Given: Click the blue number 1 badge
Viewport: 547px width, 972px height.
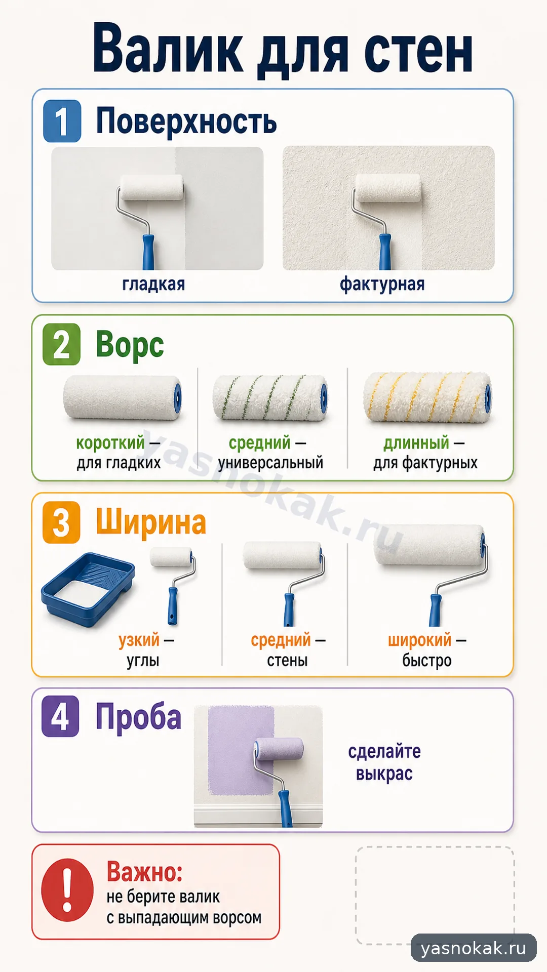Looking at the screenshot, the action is (x=62, y=121).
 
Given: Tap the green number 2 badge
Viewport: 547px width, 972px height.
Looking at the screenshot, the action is (x=62, y=344).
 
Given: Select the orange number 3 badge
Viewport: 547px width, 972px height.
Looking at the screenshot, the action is (x=61, y=522).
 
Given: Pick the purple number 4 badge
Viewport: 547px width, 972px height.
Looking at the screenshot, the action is (x=60, y=716).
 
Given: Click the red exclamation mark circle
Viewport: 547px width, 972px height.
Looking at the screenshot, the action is (x=67, y=890).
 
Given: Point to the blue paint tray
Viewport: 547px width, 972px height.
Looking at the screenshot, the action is (x=88, y=590).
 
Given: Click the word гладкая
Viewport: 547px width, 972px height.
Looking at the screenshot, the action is (x=153, y=284).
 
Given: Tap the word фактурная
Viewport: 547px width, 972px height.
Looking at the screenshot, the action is (x=382, y=284).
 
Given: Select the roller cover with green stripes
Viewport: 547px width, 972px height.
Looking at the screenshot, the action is (x=270, y=398).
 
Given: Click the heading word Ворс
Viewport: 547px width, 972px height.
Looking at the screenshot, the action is (x=130, y=345).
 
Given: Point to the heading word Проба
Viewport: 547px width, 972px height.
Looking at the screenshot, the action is (x=139, y=718).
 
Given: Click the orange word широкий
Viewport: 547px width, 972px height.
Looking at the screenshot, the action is (x=419, y=640).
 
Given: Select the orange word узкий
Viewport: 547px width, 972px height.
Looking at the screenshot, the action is (x=139, y=640).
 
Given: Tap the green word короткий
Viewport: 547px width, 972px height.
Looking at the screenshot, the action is (x=110, y=443).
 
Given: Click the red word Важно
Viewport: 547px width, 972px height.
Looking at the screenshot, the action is (x=144, y=872).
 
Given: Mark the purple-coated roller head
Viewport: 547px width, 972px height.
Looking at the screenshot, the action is (x=279, y=749).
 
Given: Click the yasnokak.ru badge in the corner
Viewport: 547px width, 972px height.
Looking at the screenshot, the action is (x=474, y=948).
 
